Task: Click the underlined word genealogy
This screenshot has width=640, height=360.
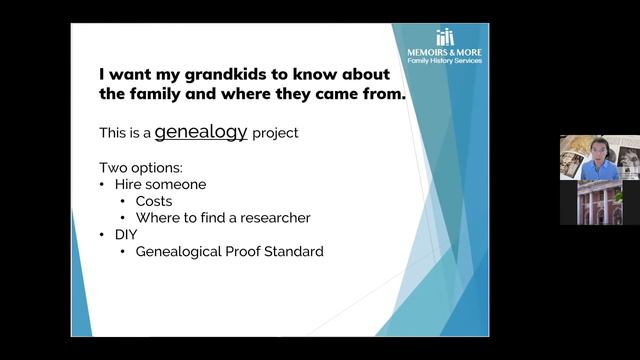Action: [200, 131]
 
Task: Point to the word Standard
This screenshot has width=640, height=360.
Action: [291, 251]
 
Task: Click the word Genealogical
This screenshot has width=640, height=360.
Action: [175, 251]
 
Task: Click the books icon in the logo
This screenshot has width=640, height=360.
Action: [445, 37]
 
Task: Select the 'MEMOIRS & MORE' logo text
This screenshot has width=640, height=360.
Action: [445, 51]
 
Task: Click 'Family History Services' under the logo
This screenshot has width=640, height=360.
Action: [445, 61]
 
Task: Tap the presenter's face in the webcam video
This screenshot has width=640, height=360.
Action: [597, 150]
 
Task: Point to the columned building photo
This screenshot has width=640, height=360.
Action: [598, 203]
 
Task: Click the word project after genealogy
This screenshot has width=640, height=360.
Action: [275, 132]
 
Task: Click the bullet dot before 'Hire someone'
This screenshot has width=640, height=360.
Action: [103, 184]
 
